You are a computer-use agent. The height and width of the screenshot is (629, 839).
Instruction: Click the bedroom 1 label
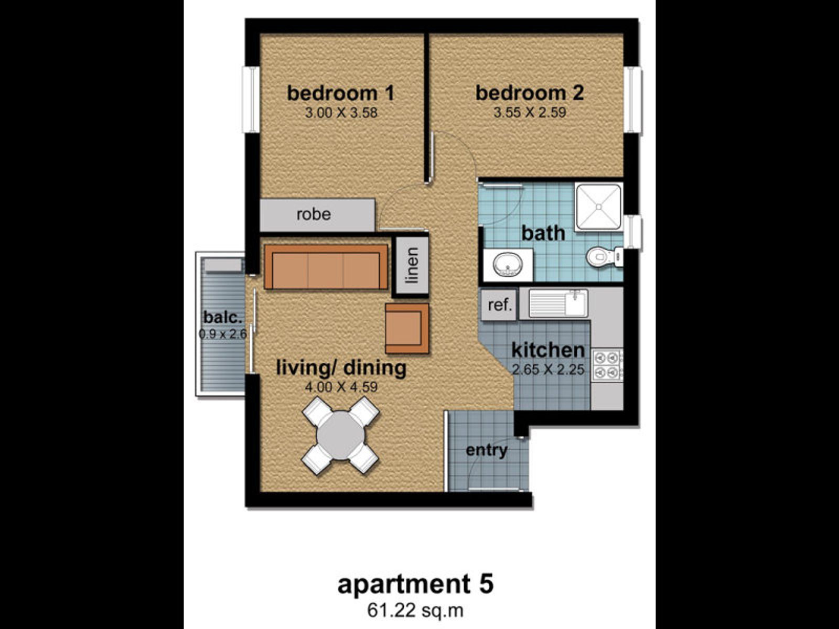(x=340, y=93)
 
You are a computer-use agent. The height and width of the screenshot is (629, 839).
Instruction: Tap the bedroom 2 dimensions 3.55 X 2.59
(x=530, y=113)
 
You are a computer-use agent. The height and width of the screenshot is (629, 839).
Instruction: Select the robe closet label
(x=314, y=214)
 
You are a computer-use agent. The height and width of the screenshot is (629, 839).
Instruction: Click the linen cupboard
(x=411, y=266)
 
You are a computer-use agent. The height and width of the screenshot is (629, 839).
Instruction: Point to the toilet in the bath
(x=605, y=256)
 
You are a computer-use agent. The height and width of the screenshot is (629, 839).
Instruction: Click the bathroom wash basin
(x=508, y=264)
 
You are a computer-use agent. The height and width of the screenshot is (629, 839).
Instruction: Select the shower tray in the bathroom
(x=599, y=207)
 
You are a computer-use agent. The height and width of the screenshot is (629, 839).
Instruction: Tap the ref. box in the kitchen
(x=500, y=305)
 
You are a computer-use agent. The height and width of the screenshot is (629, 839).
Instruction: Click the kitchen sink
(x=558, y=303)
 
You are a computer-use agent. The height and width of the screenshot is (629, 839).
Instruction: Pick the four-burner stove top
(x=607, y=364)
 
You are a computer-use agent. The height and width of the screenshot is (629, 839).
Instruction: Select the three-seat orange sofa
(x=326, y=267)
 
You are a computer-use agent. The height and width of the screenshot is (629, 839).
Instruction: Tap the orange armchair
(x=407, y=329)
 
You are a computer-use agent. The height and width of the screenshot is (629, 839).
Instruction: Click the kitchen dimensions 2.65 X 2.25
(x=548, y=370)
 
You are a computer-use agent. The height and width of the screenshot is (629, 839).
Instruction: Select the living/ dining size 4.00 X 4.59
(x=341, y=387)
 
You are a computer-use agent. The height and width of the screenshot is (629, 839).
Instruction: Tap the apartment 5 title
(x=415, y=584)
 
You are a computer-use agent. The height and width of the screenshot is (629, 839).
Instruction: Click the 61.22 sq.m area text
(x=415, y=610)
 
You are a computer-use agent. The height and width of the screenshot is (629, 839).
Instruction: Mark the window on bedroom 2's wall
(x=632, y=100)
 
